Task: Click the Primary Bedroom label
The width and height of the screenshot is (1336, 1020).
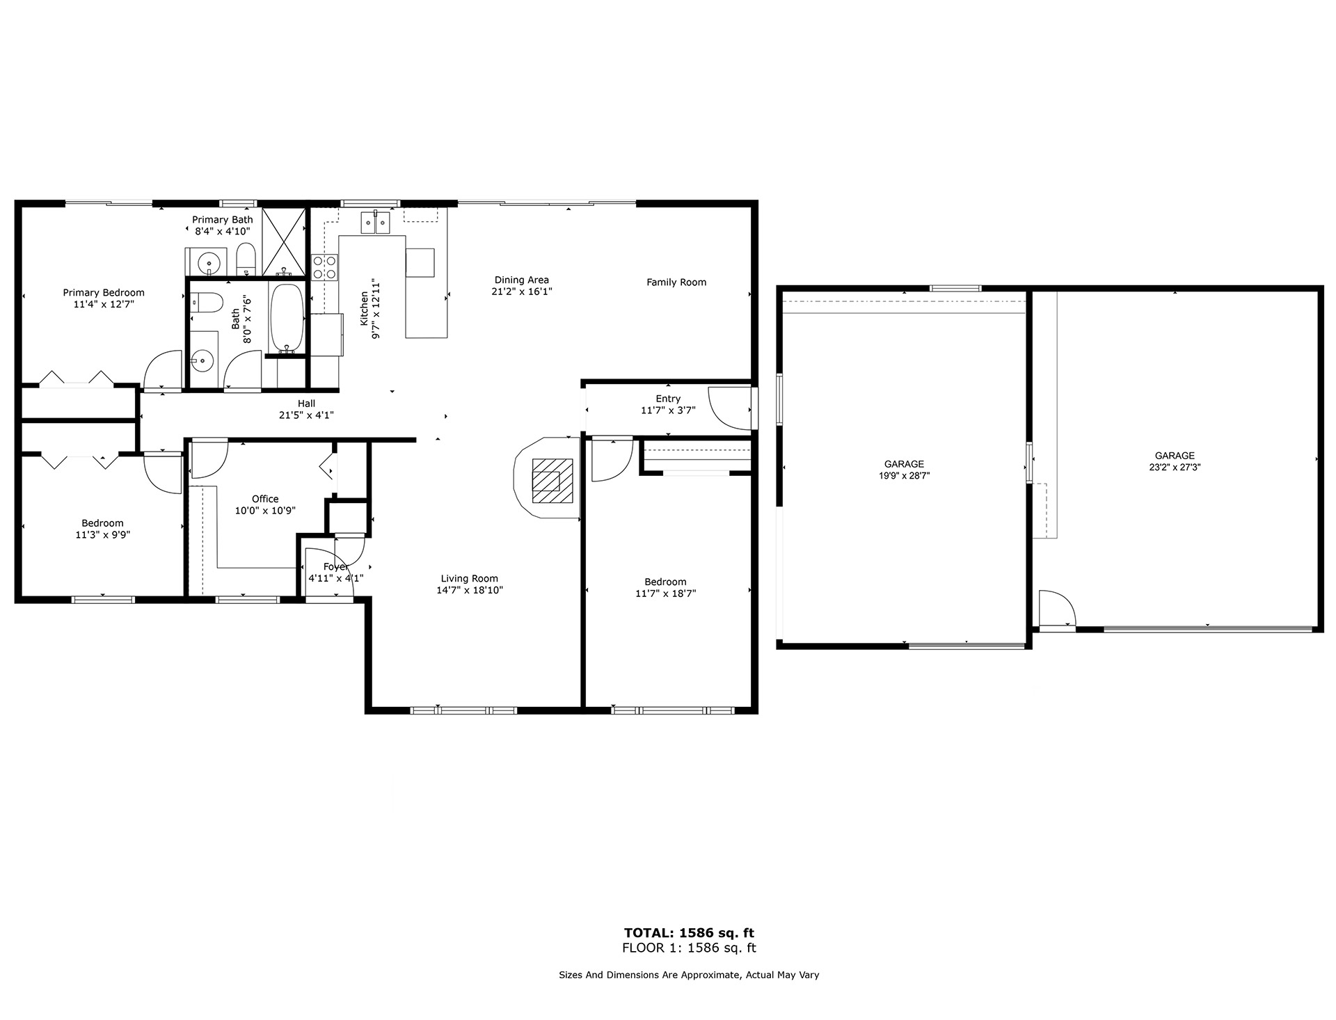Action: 104,293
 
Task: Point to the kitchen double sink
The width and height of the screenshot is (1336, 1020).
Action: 375,223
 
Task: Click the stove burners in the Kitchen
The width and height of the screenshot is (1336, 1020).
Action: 326,267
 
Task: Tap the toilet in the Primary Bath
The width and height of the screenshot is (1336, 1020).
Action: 246,259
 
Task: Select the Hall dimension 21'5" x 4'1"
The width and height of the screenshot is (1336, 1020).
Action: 306,415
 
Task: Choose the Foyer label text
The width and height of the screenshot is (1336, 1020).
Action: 336,566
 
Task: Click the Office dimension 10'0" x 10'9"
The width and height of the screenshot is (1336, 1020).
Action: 265,511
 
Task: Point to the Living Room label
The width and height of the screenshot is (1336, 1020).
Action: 469,578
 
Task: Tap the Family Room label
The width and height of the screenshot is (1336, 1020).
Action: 676,282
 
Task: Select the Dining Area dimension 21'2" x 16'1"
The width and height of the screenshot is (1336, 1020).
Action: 522,292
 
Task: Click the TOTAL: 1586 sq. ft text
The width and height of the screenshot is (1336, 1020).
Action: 689,933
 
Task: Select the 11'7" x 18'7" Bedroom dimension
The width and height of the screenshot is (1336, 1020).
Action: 665,593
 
